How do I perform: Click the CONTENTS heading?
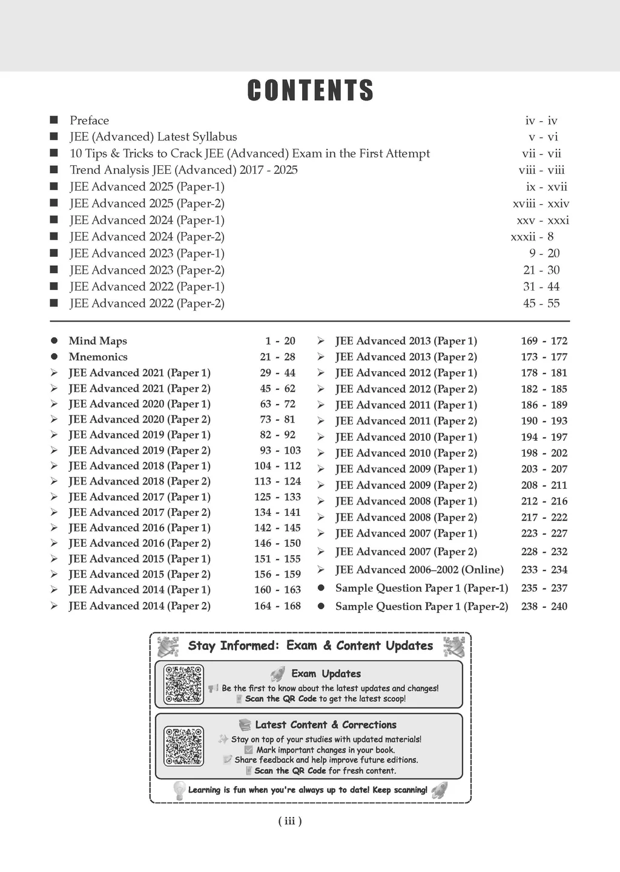(x=310, y=91)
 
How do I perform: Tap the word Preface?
(x=89, y=121)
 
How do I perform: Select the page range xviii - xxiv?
(x=541, y=204)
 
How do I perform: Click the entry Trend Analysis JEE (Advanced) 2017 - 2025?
(x=183, y=170)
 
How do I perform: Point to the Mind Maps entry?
(x=97, y=341)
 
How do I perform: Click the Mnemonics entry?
(x=98, y=357)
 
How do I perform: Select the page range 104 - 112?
(x=277, y=466)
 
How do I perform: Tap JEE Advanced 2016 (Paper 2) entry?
(x=139, y=543)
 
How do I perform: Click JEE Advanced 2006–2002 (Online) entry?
(x=419, y=570)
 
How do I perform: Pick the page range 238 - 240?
(x=544, y=606)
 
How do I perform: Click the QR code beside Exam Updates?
(x=184, y=684)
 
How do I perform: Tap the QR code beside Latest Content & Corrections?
(x=184, y=746)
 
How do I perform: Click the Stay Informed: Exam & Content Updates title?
(x=310, y=646)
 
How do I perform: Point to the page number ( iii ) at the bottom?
(x=289, y=821)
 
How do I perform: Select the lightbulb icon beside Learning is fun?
(x=179, y=790)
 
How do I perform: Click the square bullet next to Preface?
(x=54, y=120)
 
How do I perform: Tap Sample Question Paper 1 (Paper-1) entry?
(x=421, y=588)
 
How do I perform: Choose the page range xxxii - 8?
(x=532, y=237)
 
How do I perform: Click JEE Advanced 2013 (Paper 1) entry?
(x=406, y=341)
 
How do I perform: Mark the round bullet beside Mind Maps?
(x=54, y=341)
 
